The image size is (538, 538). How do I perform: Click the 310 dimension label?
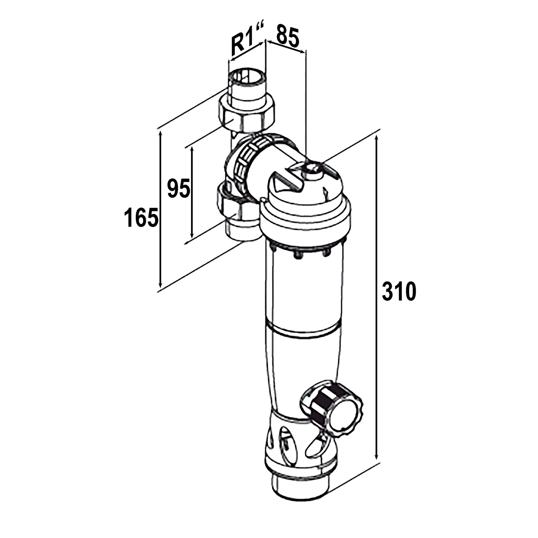pos(399,291)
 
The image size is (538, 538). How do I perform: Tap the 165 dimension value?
pos(141,217)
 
